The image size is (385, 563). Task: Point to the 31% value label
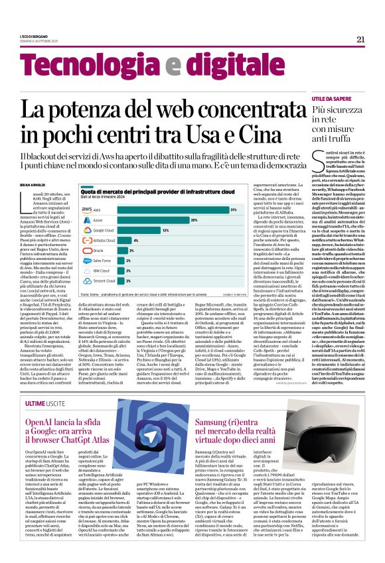coord(233,210)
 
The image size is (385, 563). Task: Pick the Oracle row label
coord(98,251)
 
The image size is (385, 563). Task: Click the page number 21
coord(360,39)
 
